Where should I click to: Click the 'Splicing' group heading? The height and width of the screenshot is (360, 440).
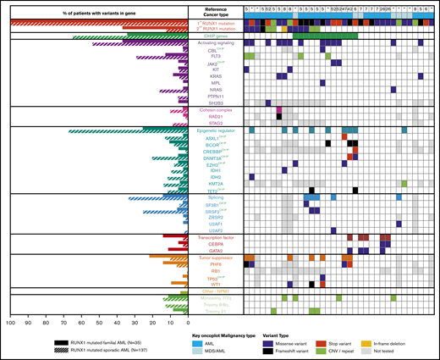pyautogui.click(x=214, y=198)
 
